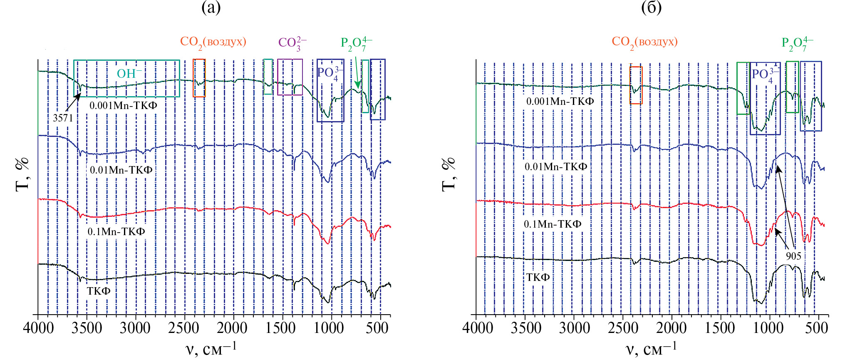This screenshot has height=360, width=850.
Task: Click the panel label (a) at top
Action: coord(211,7)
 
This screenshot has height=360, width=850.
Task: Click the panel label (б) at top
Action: coord(651,7)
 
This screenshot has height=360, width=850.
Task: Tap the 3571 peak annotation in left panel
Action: coord(63,118)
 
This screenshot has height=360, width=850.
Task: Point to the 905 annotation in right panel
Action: coord(793,256)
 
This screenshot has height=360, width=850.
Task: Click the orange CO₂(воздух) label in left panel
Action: coord(213,42)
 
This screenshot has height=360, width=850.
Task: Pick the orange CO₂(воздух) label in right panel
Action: coord(644,42)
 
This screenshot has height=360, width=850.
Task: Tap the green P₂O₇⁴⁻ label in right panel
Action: coord(797,44)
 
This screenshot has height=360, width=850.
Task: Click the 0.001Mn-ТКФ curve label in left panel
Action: coord(123,106)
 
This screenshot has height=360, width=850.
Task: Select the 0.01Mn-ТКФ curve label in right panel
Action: coord(555,167)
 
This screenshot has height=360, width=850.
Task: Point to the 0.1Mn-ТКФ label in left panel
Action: coord(116,231)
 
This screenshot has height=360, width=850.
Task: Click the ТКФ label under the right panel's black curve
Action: coord(538,278)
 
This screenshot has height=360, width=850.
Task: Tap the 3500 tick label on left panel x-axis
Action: coord(87,328)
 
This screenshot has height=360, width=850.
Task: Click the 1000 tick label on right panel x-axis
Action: coord(768,328)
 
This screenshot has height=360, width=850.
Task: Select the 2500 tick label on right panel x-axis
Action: coord(623,328)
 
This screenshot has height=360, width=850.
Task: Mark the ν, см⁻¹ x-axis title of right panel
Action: coord(651,348)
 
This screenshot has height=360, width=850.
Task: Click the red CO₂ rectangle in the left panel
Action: coord(199,78)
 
